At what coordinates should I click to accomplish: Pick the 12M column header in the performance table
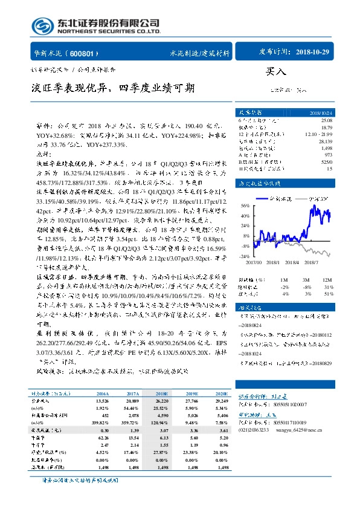pos(327,280)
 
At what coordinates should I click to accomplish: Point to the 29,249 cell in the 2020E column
pos(222,400)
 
